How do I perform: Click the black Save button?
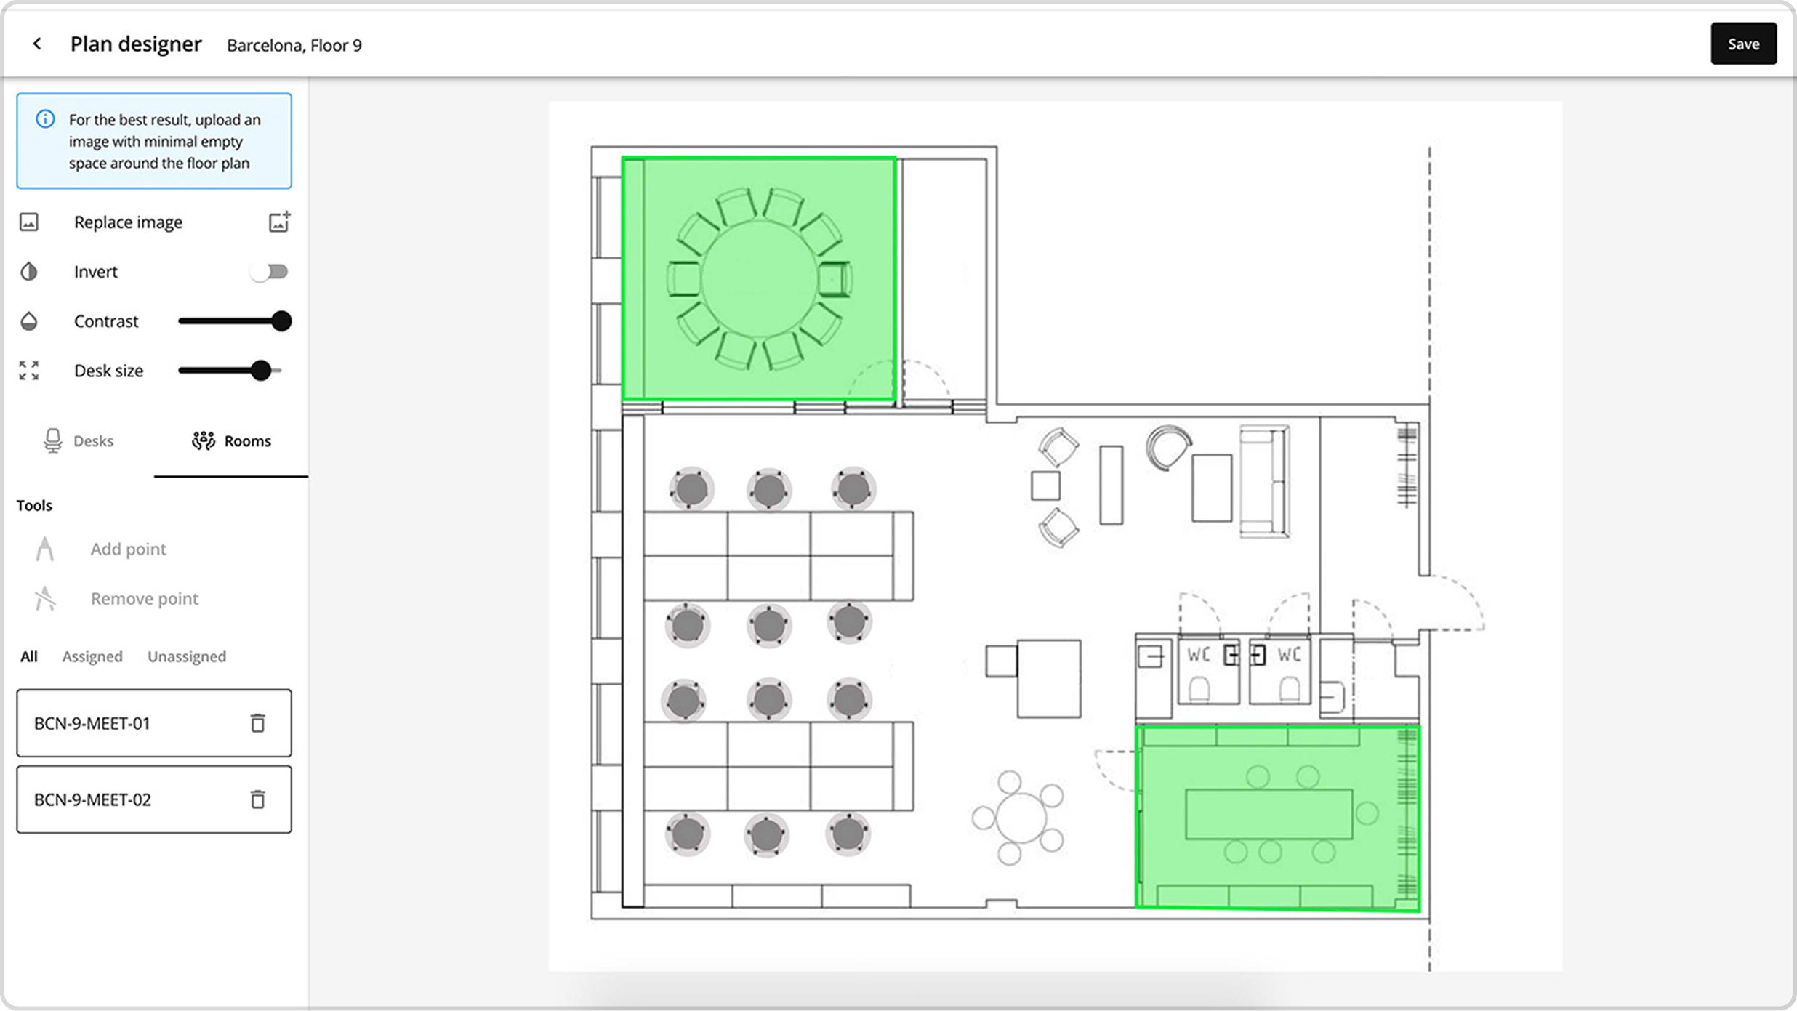click(1742, 44)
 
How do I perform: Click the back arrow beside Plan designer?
click(37, 44)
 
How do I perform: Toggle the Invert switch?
click(269, 272)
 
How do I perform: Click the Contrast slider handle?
click(281, 321)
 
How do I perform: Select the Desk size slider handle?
click(260, 371)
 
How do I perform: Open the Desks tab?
click(79, 441)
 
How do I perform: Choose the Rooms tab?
click(231, 441)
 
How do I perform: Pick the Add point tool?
click(128, 549)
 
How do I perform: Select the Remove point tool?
click(144, 599)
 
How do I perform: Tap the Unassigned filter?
click(187, 657)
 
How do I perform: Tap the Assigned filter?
click(92, 657)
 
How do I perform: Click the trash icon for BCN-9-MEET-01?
click(257, 723)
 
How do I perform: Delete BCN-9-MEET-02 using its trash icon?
click(257, 799)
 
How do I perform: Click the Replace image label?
click(128, 222)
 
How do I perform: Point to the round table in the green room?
click(759, 279)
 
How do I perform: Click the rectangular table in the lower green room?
click(1269, 814)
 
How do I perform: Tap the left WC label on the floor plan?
click(1199, 655)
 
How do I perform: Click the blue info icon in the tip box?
click(45, 119)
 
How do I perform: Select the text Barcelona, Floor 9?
click(294, 46)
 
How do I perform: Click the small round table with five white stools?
click(1020, 818)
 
